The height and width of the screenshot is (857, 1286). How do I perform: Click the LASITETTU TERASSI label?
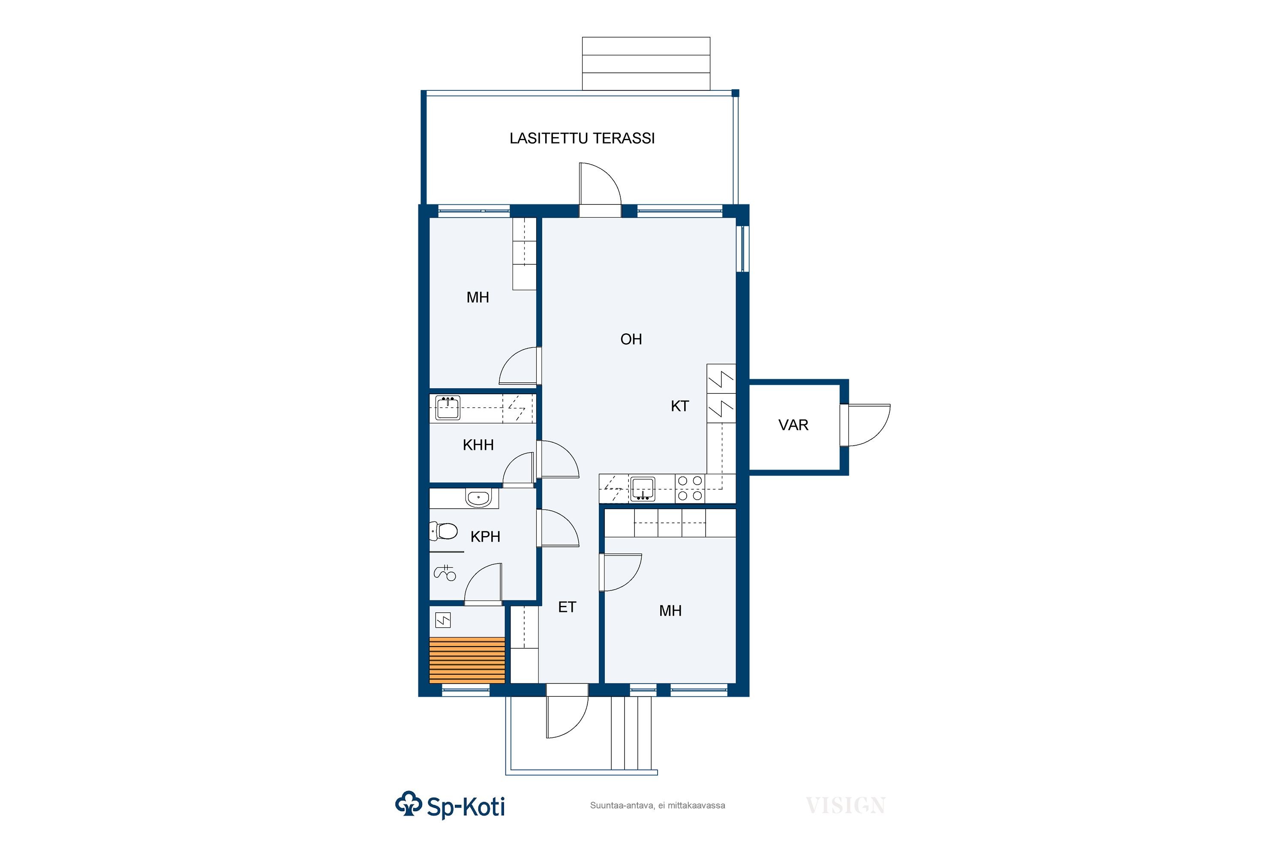pos(582,138)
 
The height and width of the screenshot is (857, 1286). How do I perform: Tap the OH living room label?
pos(631,339)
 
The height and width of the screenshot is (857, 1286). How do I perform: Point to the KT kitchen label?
pos(679,406)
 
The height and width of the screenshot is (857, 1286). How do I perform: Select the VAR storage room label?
pos(793,425)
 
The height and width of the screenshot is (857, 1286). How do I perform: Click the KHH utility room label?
pos(478,445)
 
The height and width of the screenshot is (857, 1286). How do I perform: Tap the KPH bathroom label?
pos(485,537)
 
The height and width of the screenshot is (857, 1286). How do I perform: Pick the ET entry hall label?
pos(567,607)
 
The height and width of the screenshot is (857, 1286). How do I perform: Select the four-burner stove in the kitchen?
pos(690,488)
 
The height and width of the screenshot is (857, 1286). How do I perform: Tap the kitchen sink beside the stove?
pos(643,488)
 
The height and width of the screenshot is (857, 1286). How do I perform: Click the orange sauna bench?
pos(467,660)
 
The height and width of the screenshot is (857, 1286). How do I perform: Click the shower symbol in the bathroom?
pos(445,572)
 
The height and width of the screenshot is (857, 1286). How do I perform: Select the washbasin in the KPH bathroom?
pos(478,498)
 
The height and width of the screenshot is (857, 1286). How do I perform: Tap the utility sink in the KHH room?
pos(448,409)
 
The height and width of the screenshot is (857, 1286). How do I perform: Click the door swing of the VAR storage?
pos(867,425)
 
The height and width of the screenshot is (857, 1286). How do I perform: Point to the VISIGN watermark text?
pos(845,806)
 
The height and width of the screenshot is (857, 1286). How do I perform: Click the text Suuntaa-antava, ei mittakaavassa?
pos(657,806)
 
